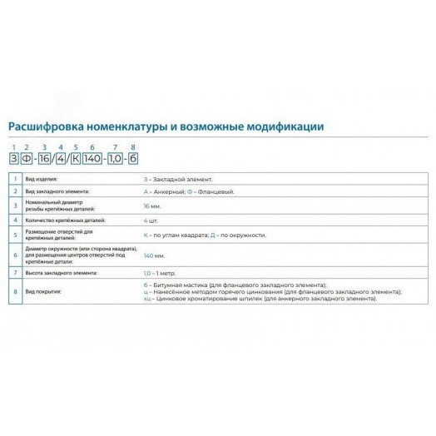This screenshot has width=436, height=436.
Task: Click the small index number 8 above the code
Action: [133, 148]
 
